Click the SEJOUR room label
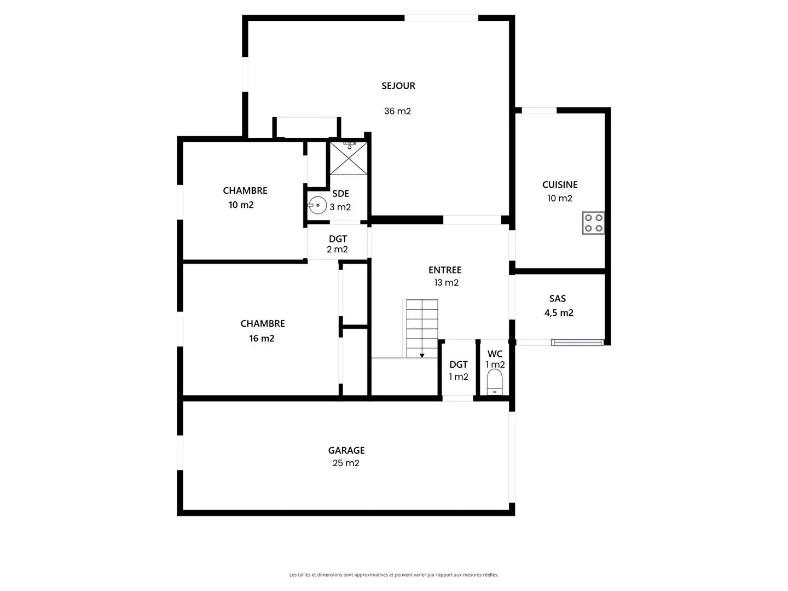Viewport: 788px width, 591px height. tap(398, 86)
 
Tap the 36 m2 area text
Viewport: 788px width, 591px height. tap(397, 111)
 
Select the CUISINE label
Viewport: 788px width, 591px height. tap(560, 185)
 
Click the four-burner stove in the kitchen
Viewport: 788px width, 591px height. tap(593, 223)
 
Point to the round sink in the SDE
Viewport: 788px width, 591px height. tap(317, 205)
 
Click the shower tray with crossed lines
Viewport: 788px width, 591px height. tap(348, 159)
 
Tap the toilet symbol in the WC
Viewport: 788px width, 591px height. tap(495, 382)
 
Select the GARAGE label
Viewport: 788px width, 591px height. tap(346, 450)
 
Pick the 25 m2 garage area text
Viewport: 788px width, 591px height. tap(346, 463)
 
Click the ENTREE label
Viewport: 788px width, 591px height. tap(445, 270)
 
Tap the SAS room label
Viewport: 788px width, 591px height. tap(558, 299)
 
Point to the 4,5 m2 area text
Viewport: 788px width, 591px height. tap(559, 313)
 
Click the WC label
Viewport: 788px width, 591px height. tap(495, 354)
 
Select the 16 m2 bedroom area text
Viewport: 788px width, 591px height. tap(262, 338)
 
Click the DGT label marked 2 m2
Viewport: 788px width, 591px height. tap(338, 239)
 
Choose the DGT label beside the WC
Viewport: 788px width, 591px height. tap(459, 364)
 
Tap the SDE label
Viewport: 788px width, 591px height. tap(340, 194)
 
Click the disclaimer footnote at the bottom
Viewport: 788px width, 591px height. tap(394, 575)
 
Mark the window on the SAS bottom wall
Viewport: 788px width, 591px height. tap(577, 343)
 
